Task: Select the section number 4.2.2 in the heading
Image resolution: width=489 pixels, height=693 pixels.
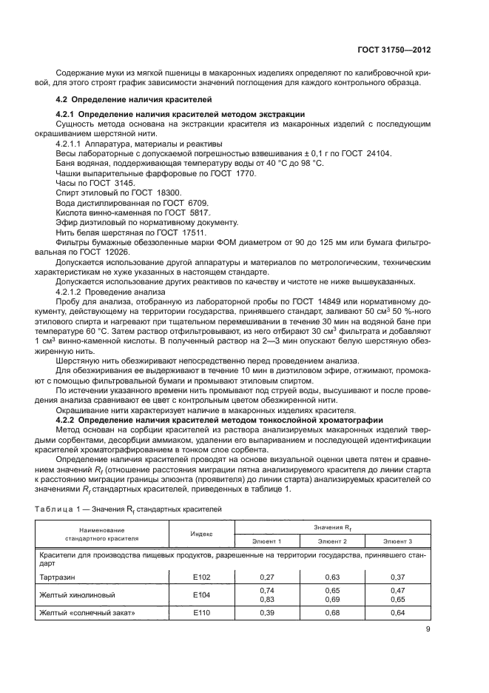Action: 68,420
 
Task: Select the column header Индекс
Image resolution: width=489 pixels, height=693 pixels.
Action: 202,532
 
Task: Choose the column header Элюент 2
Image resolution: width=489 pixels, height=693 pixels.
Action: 331,541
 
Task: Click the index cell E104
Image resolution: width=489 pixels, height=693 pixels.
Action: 202,594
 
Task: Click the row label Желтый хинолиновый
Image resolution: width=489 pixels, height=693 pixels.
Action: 77,594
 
